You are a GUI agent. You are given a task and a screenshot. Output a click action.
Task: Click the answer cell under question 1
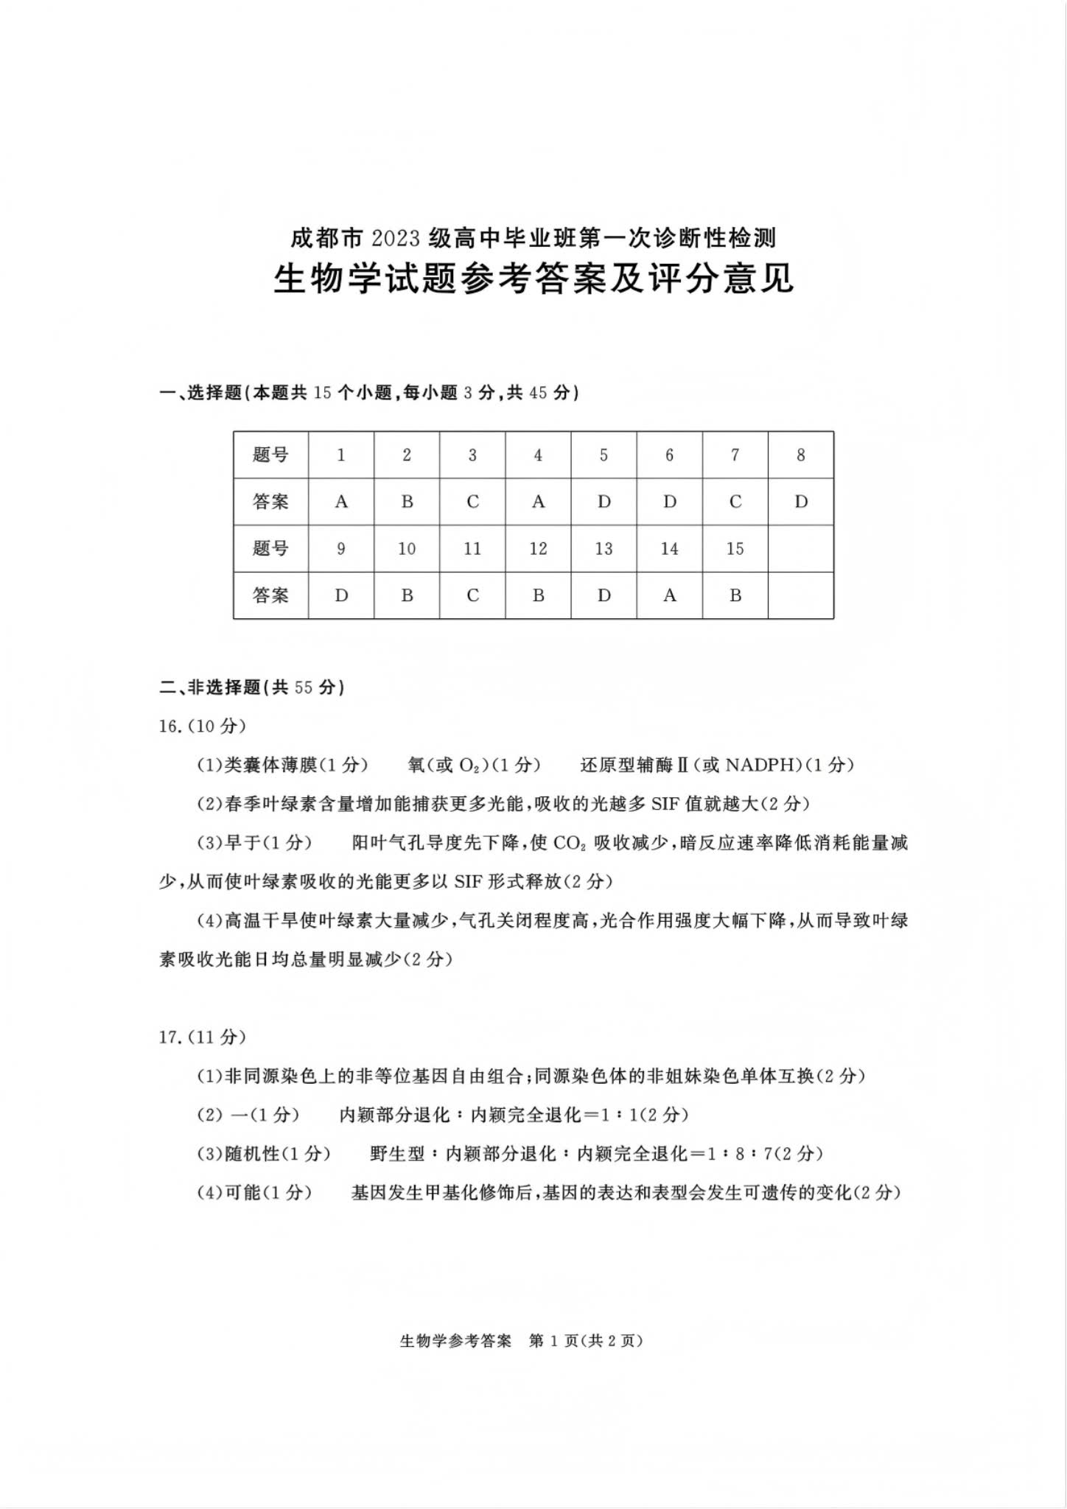[341, 502]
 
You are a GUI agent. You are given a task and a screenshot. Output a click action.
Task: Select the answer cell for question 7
[735, 502]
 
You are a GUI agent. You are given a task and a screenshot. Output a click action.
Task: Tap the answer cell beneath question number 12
[538, 595]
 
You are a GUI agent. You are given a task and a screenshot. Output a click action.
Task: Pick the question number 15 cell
[735, 549]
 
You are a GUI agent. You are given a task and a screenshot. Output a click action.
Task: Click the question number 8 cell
[801, 455]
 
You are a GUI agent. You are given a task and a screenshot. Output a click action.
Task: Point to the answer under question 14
[669, 595]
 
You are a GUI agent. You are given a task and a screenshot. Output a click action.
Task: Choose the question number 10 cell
[407, 549]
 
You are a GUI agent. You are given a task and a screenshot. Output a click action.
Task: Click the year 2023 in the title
[396, 239]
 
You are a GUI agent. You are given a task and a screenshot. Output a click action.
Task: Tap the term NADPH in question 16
[763, 766]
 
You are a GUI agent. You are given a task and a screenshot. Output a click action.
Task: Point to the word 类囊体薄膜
[270, 766]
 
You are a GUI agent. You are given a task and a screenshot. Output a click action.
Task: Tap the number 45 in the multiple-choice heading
[539, 393]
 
